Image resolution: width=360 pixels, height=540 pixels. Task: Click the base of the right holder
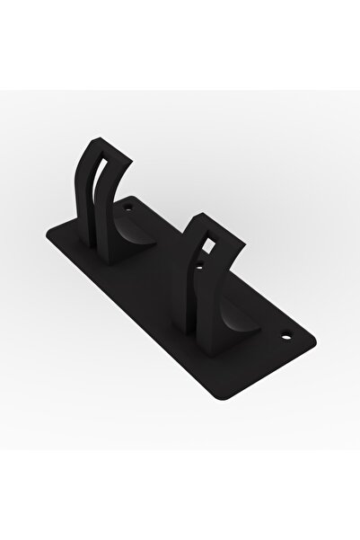pos(215,346)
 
